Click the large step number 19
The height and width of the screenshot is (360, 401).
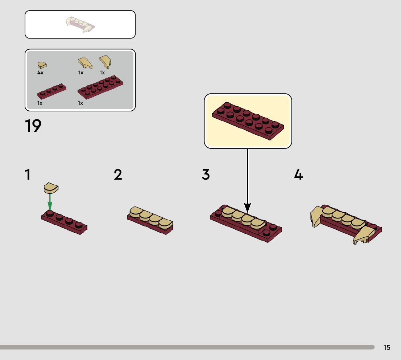point(33,126)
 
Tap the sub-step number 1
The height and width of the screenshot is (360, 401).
point(28,175)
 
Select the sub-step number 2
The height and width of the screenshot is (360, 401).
point(118,175)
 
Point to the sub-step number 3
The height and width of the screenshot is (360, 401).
point(206,175)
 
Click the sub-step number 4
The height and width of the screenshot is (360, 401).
point(298,175)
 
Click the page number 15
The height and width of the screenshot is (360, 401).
point(387,347)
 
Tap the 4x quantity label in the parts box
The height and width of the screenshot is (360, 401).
point(40,73)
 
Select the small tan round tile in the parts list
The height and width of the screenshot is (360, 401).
point(42,65)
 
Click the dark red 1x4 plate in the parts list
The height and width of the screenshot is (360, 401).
point(51,91)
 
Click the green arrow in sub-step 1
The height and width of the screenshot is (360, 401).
point(50,202)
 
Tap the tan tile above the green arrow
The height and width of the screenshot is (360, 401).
point(51,188)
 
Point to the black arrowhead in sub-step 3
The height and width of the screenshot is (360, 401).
point(247,208)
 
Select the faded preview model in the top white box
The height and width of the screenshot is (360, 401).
point(80,25)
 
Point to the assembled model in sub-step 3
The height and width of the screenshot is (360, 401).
point(246,224)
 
